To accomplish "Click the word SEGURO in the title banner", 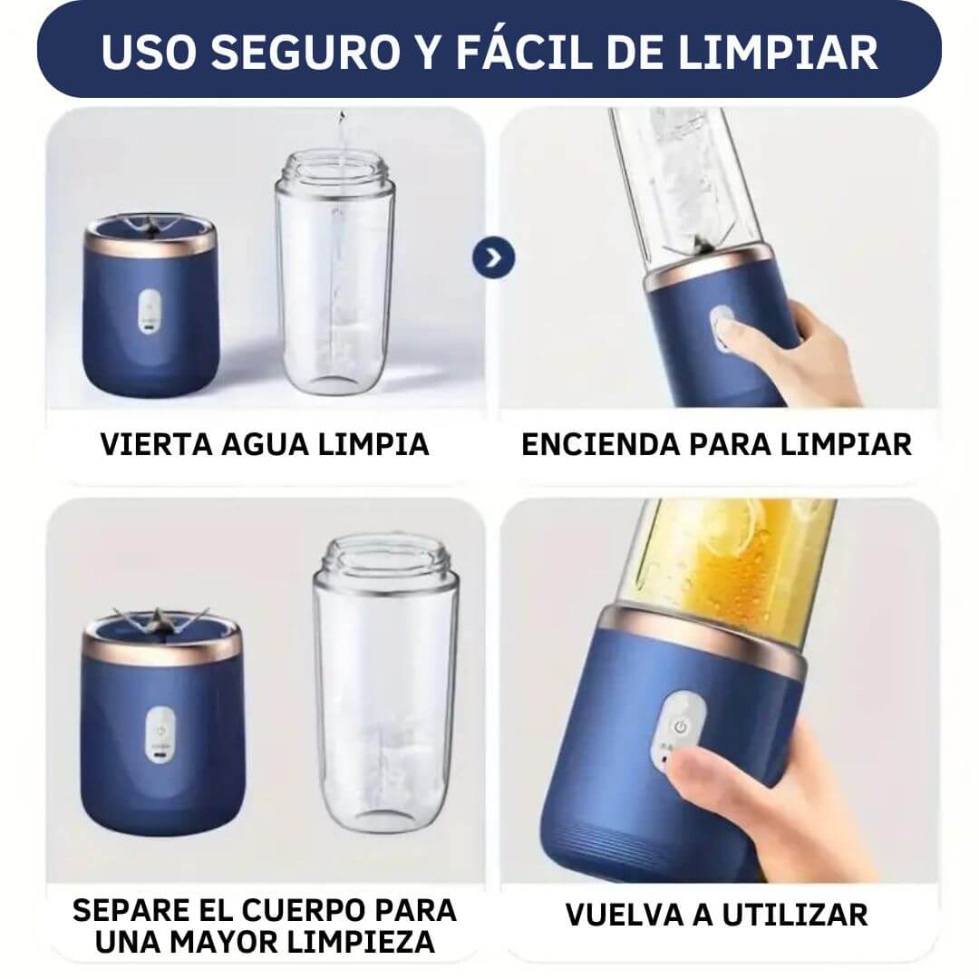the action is click(305, 52).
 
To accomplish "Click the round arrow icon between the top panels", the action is click(493, 258).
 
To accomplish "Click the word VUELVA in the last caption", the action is click(624, 916).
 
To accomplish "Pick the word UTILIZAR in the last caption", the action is click(795, 916).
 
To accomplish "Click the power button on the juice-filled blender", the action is click(681, 727).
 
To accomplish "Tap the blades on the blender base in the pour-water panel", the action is click(150, 226).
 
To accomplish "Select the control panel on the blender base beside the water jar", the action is click(148, 310).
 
